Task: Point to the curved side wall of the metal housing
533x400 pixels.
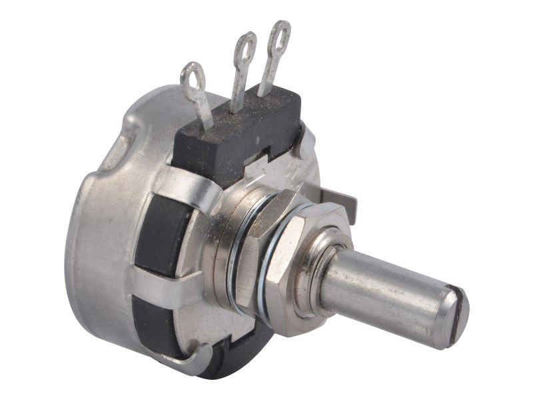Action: pyautogui.click(x=100, y=253)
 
